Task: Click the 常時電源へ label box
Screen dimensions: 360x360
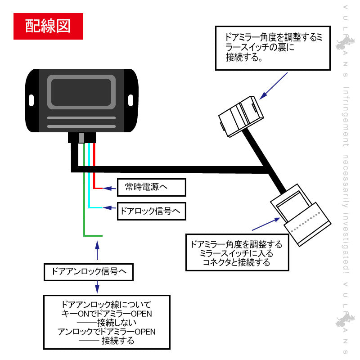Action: [x=151, y=187]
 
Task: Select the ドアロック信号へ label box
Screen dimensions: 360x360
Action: [x=151, y=211]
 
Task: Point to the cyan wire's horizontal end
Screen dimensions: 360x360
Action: [x=96, y=208]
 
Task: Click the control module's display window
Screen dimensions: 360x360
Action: [x=81, y=91]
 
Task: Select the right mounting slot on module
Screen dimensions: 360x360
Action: [x=130, y=99]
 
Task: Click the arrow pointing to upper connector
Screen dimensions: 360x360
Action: [x=273, y=85]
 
